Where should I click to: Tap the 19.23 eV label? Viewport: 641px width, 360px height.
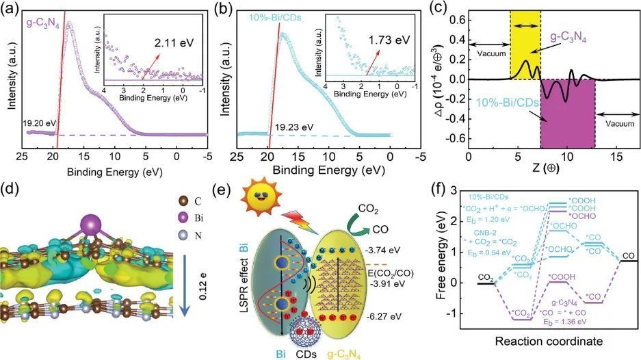295,127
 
